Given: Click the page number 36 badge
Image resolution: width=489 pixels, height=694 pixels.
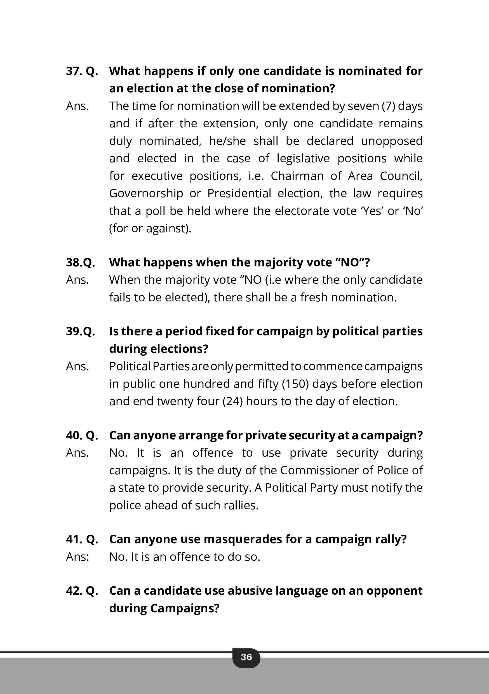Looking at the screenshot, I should point(246,657).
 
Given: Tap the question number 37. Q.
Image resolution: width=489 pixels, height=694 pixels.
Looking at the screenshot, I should point(82,71).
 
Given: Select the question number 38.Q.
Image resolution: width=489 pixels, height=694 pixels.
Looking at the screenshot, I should point(80,262).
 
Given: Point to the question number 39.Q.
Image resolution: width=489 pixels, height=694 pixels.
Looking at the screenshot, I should point(80,331).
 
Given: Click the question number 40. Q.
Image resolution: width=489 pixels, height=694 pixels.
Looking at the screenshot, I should point(82,435).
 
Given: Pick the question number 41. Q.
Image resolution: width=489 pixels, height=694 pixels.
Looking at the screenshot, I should point(82,539).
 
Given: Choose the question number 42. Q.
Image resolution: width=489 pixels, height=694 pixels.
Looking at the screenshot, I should point(82,591).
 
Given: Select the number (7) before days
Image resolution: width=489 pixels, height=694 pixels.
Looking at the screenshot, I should point(388,106).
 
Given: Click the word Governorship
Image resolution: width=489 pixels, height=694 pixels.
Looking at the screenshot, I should point(146,193).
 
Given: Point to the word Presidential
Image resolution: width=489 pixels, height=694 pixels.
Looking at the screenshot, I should point(239,193).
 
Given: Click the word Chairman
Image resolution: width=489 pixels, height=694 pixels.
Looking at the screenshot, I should point(297,176).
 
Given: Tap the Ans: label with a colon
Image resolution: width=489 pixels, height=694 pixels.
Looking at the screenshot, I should point(78,557).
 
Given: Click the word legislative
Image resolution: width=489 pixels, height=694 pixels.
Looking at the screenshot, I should point(303,159).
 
